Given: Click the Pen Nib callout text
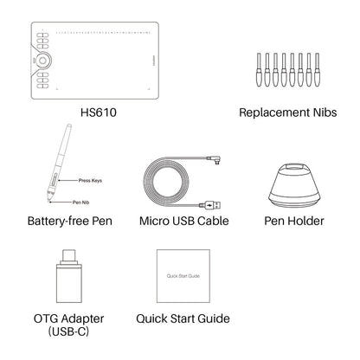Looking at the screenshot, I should pos(80,200).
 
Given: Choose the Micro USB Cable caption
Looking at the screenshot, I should pos(183,223).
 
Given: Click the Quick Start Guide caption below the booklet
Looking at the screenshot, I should pos(183,318).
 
